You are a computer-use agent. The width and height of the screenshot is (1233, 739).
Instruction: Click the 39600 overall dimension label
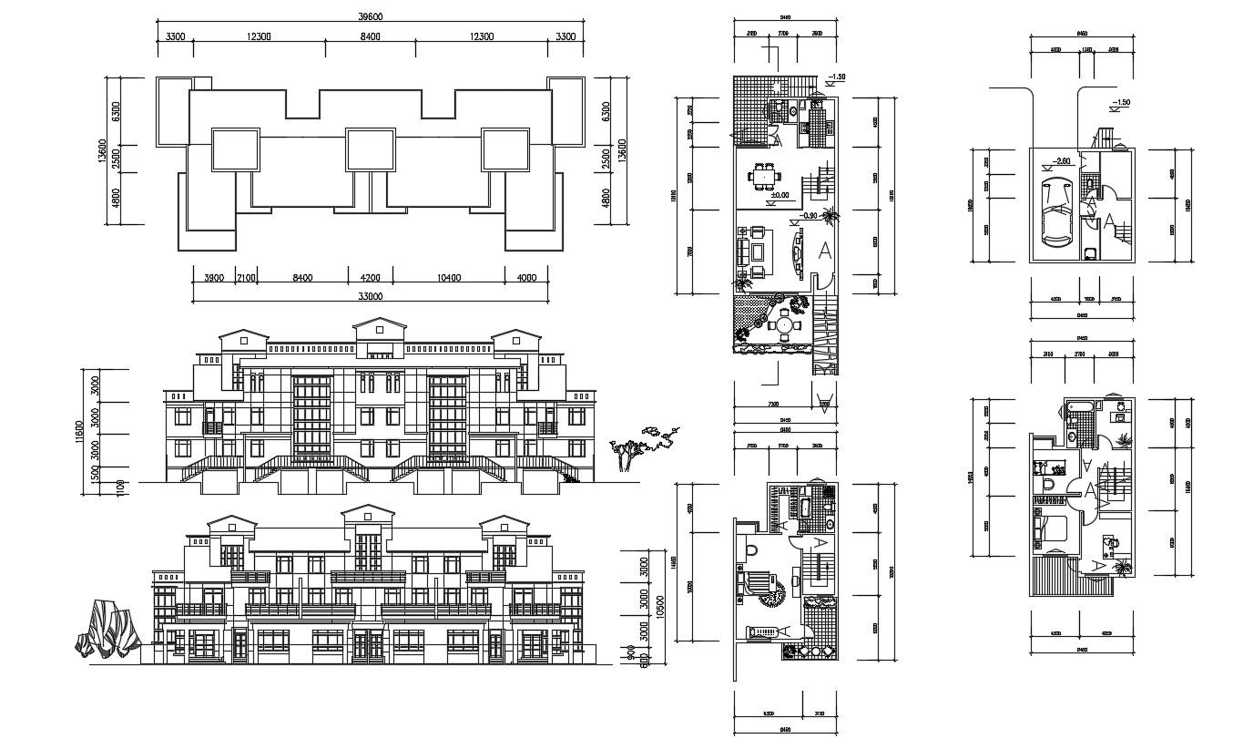tap(369, 17)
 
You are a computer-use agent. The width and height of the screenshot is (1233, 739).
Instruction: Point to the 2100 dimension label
tap(247, 278)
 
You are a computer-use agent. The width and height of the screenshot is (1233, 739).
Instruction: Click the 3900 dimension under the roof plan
tap(212, 278)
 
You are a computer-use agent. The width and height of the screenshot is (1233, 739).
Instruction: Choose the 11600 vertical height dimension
tap(79, 432)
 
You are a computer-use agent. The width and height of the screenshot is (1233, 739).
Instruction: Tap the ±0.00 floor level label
tap(780, 195)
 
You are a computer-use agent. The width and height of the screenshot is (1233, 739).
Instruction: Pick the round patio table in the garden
tap(783, 323)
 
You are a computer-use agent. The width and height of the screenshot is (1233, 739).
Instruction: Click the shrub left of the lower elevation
tap(107, 629)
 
